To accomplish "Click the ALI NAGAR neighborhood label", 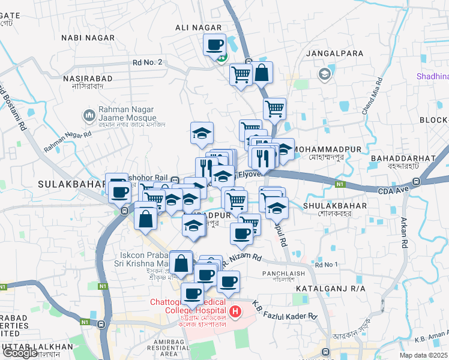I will (x=198, y=28).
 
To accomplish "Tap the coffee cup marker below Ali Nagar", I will (x=214, y=44).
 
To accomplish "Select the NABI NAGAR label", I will (x=87, y=38).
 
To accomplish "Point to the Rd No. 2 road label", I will (x=147, y=62).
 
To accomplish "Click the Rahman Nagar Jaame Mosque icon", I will (x=89, y=114).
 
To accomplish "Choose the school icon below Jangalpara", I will (x=325, y=74).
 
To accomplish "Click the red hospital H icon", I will (x=235, y=312).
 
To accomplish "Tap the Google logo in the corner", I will (x=20, y=353).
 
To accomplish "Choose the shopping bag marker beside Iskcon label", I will (x=181, y=263).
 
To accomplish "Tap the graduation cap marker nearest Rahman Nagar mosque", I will (x=202, y=133).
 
